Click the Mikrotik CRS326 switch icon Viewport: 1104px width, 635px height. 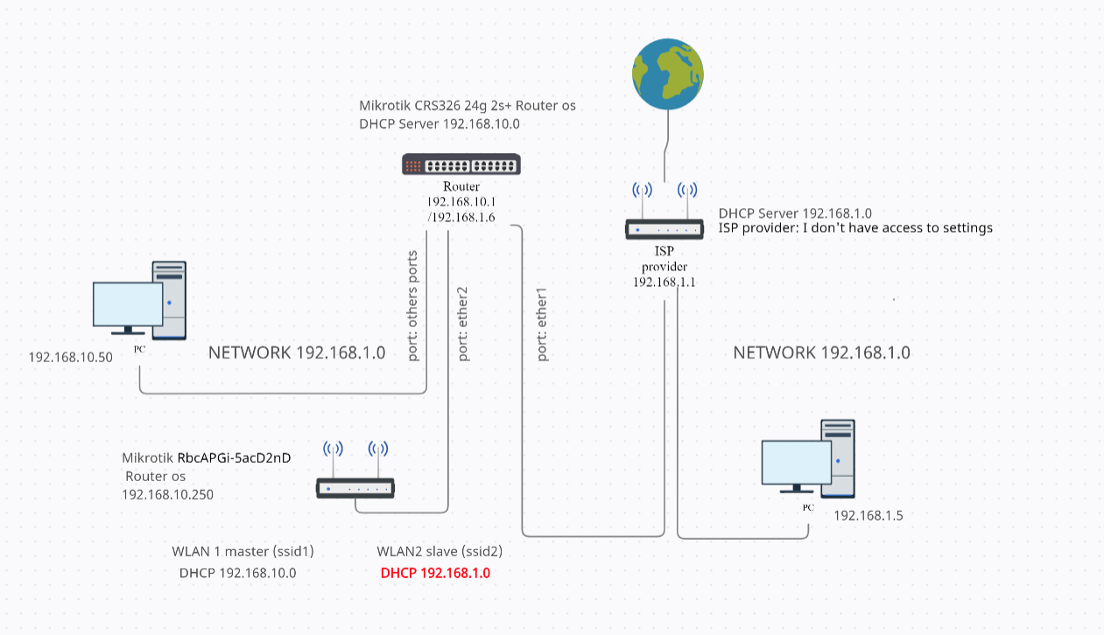coord(461,164)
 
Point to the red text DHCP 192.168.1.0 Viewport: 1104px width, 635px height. coord(435,574)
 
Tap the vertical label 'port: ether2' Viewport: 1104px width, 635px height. coord(463,324)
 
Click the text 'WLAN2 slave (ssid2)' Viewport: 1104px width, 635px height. coord(439,552)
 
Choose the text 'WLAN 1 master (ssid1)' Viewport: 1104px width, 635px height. coord(243,552)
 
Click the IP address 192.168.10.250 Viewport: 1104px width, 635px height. coord(167,494)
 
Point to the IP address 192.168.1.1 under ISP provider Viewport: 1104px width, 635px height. coord(665,282)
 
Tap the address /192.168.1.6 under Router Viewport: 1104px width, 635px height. coord(461,217)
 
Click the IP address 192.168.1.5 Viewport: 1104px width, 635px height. coord(868,515)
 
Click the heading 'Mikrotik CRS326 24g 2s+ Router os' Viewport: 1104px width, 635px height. coord(468,106)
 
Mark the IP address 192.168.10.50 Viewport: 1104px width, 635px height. coord(71,357)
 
